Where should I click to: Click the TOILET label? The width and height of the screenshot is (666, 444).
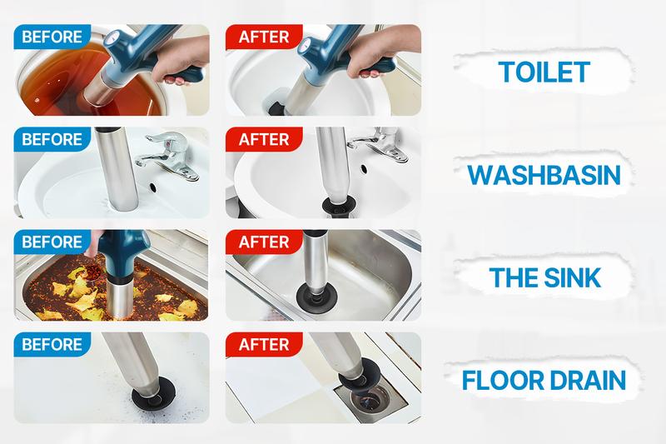coord(544,72)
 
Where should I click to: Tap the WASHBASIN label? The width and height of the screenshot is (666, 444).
coord(544,176)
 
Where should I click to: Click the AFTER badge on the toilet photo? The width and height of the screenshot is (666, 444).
coord(264,37)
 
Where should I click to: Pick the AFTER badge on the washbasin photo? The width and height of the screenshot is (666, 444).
coord(264,139)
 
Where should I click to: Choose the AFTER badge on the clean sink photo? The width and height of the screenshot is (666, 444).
coord(264,242)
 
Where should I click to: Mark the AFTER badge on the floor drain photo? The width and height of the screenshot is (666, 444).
coord(264,345)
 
